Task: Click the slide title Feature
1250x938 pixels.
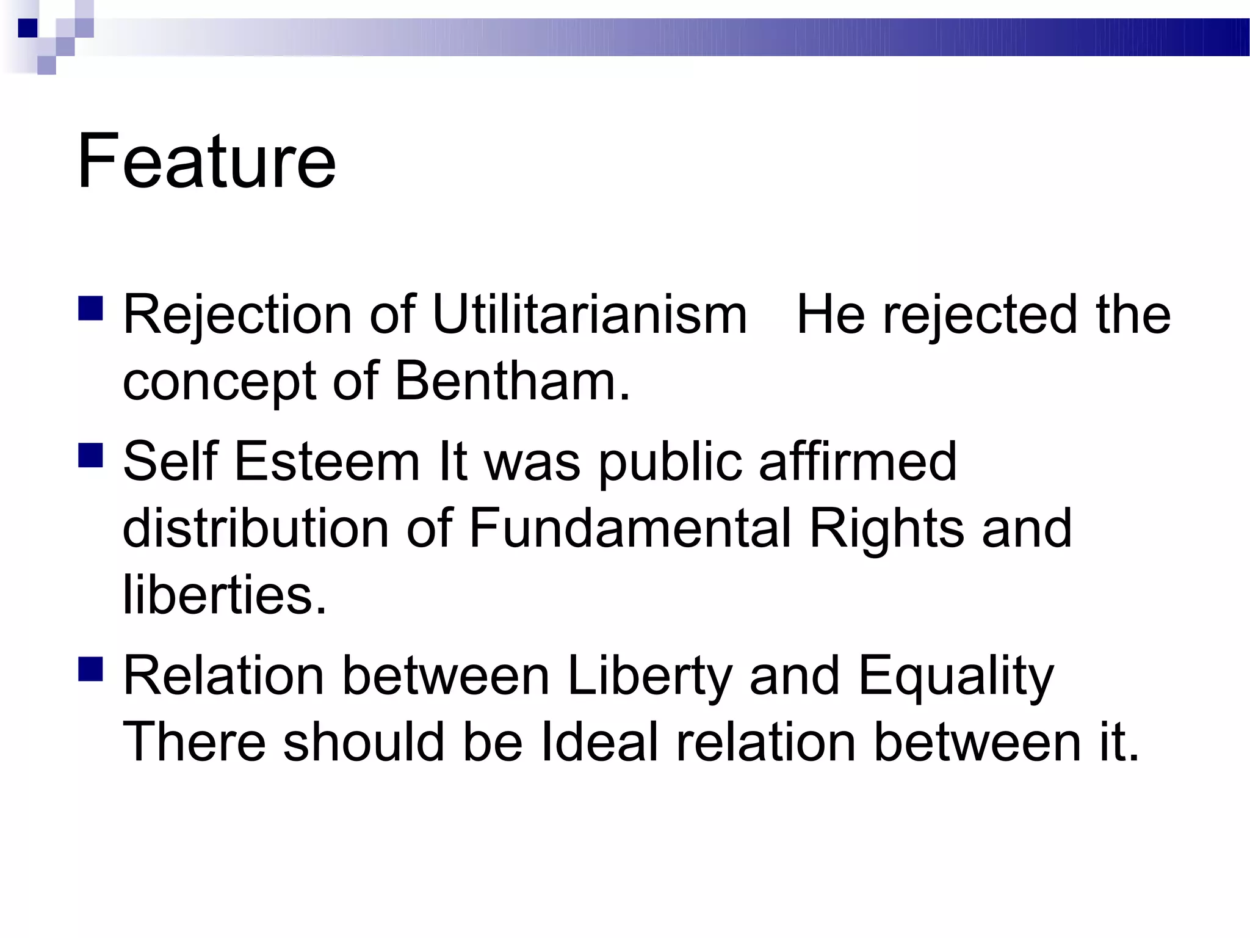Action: (x=206, y=161)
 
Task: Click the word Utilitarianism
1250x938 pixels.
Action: (x=590, y=315)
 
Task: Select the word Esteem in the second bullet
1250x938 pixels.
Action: (x=327, y=462)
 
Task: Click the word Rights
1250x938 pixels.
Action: (x=886, y=529)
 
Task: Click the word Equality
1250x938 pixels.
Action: (x=956, y=677)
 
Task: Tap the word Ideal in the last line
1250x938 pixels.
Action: (x=599, y=743)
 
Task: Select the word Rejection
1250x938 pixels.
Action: (x=238, y=315)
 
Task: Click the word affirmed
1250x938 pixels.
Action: (x=858, y=462)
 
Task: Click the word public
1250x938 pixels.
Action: (x=670, y=462)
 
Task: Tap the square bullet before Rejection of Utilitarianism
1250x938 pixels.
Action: (x=90, y=309)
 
